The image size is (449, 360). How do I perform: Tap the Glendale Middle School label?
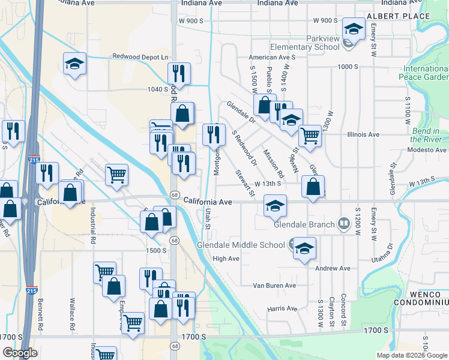(x=241, y=245)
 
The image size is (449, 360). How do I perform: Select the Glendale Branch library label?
(x=304, y=225)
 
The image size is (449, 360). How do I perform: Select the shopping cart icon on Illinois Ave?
(x=309, y=136)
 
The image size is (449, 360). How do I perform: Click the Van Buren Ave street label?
(x=274, y=286)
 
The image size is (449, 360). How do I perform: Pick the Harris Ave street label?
(x=283, y=308)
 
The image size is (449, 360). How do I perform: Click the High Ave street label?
(x=226, y=259)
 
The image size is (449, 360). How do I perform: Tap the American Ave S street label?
(x=273, y=57)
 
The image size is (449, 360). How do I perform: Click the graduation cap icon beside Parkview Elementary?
(x=354, y=28)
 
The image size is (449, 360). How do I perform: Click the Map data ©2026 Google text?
(x=411, y=355)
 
